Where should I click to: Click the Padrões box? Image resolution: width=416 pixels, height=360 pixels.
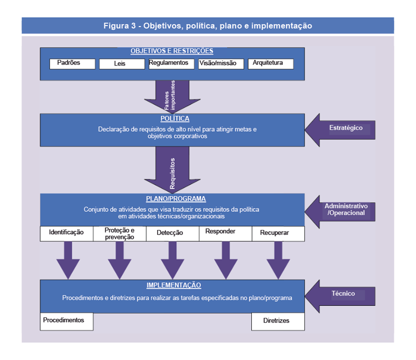click(x=72, y=63)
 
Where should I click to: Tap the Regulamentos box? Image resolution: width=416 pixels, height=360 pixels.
click(x=168, y=63)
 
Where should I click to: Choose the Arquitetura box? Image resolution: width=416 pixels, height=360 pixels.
click(x=270, y=63)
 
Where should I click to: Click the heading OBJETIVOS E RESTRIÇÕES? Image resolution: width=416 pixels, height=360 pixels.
click(x=172, y=51)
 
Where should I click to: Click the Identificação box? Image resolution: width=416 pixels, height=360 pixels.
click(x=67, y=233)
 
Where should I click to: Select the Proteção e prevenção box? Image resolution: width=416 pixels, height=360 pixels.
click(x=120, y=234)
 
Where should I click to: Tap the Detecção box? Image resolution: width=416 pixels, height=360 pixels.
click(x=173, y=234)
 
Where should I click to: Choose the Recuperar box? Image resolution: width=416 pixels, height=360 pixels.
click(x=278, y=234)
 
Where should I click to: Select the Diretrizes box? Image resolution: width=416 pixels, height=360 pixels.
click(x=278, y=322)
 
